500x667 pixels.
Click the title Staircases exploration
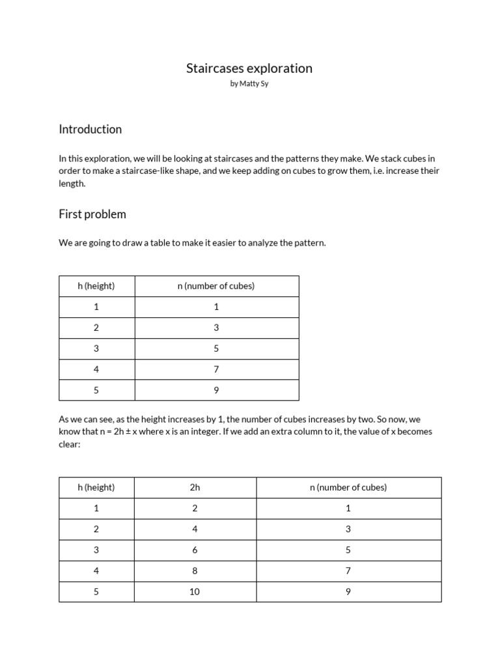pos(249,68)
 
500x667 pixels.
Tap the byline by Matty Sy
pos(249,85)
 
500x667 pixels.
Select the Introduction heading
pos(90,129)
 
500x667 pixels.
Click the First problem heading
pos(92,214)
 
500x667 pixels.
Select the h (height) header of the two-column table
pos(96,286)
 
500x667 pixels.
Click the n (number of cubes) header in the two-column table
pos(216,286)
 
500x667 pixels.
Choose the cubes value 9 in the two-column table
pos(216,390)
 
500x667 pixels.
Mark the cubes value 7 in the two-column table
pos(216,369)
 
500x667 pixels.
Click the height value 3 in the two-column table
pos(96,348)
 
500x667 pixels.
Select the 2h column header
pos(195,487)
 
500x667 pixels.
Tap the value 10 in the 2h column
pos(195,591)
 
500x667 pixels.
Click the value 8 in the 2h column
pos(195,571)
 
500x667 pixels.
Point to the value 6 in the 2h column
pos(195,550)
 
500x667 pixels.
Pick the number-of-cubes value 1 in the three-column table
pos(348,508)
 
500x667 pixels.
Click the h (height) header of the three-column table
pos(96,487)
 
